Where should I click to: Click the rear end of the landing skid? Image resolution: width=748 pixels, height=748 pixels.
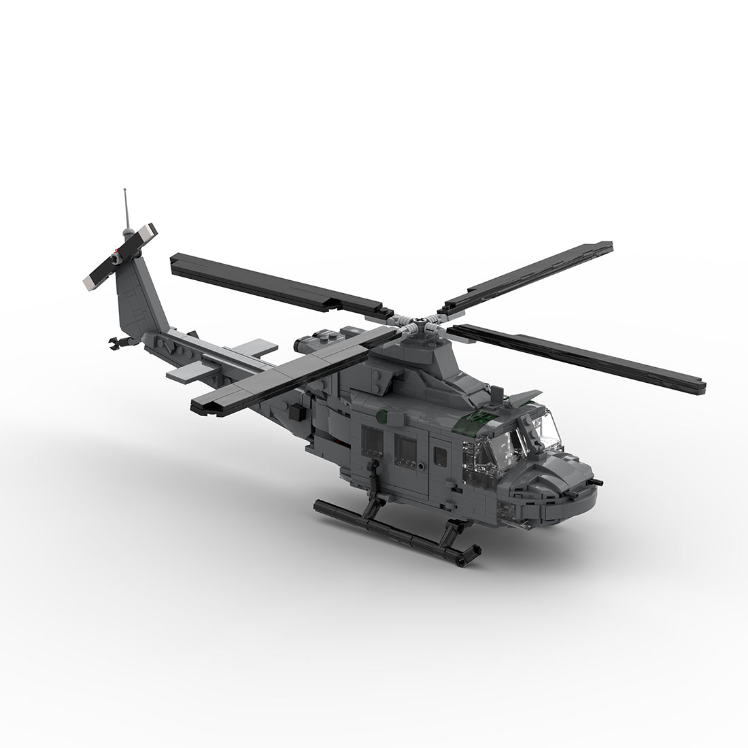(x=320, y=505)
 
